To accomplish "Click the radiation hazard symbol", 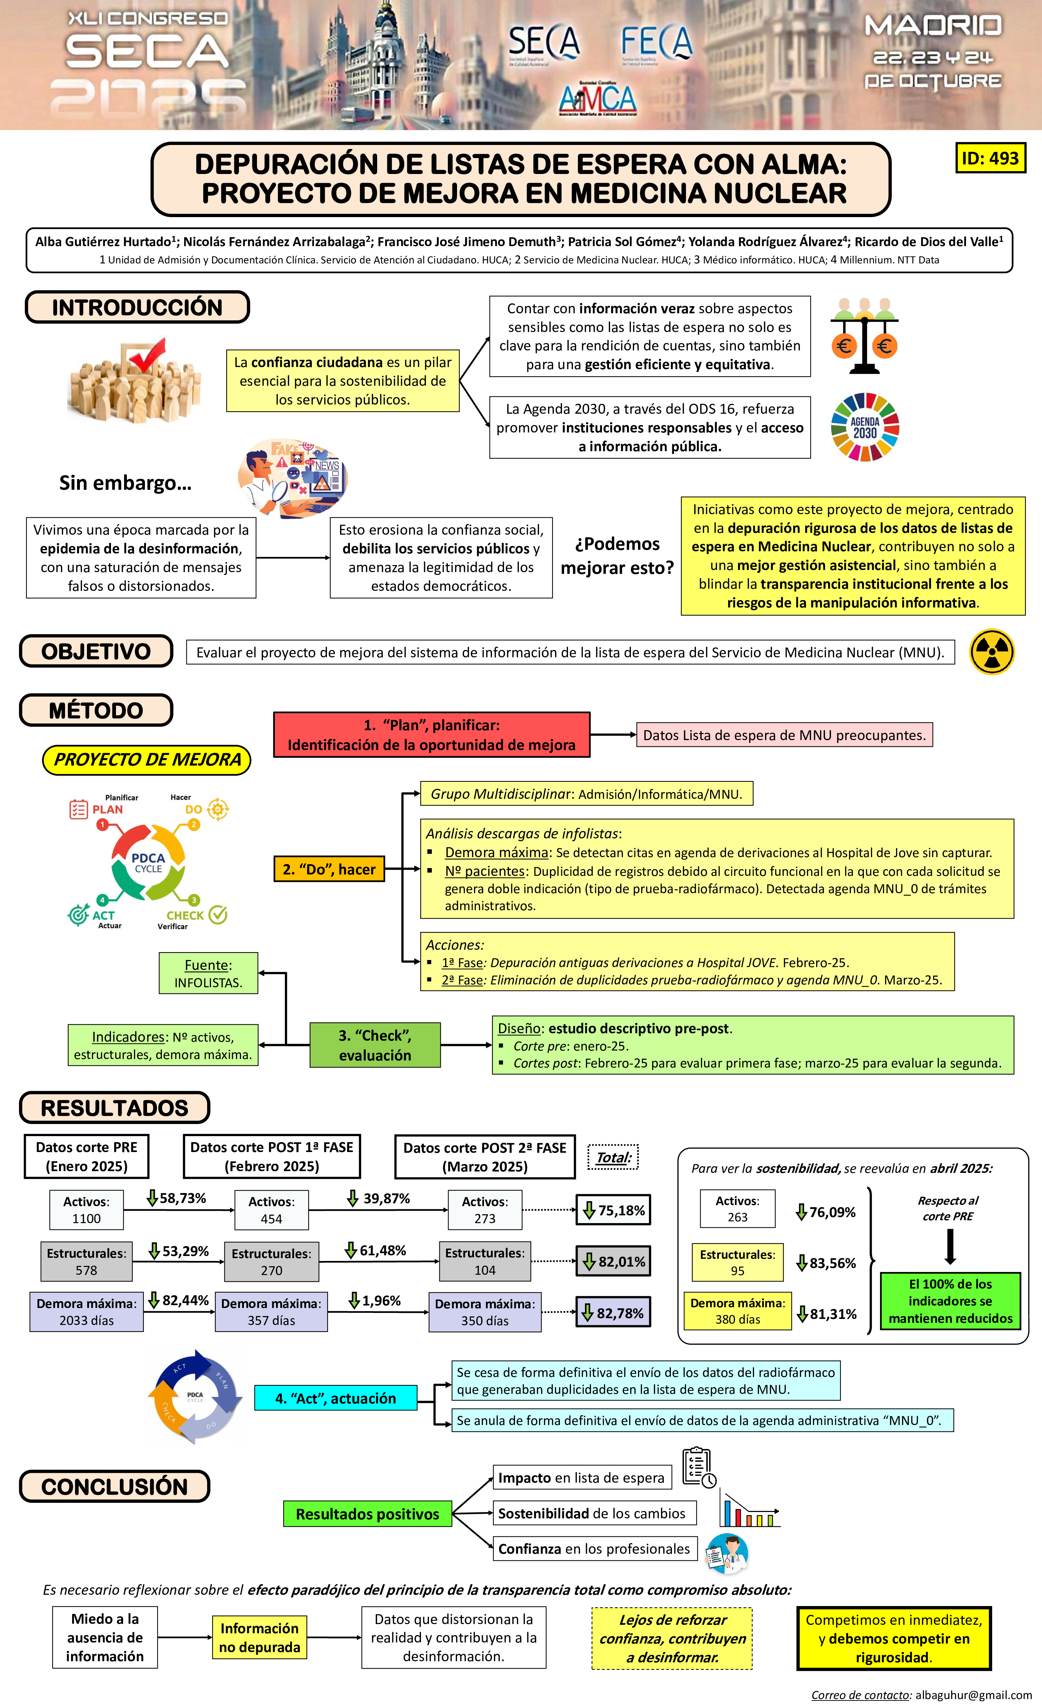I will (x=991, y=651).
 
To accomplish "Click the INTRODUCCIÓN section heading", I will (x=137, y=307).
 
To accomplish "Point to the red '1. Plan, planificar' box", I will (x=432, y=734).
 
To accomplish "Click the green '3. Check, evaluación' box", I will (x=375, y=1045).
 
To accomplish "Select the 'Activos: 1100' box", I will (x=87, y=1210).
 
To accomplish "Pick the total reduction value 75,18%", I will (x=613, y=1210).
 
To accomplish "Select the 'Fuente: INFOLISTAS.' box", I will (x=208, y=973).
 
